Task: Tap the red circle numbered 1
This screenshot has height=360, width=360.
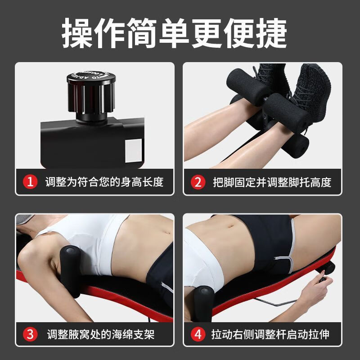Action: pos(30,182)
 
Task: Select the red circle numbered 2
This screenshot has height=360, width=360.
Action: pos(198,182)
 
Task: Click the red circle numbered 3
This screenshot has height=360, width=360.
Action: pos(30,334)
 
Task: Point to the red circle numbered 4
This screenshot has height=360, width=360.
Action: pos(198,334)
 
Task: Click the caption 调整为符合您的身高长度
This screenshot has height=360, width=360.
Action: pos(104,182)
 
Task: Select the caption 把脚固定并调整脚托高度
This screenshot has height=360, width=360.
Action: pos(272,182)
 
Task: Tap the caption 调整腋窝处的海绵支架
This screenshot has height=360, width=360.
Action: pos(104,334)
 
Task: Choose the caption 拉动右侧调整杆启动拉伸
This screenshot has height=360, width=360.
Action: pos(270,334)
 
